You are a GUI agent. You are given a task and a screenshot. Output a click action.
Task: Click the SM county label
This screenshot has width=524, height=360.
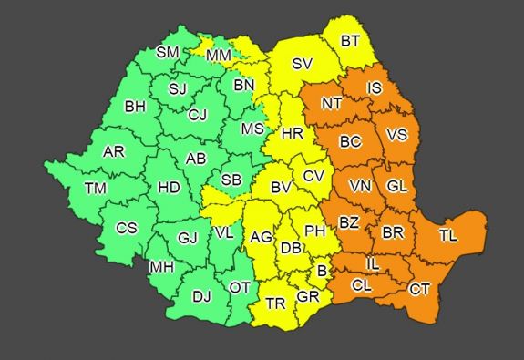168,52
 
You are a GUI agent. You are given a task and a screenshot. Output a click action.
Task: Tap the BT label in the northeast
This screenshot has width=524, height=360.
351,40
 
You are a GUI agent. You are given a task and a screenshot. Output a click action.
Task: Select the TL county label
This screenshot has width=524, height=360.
448,235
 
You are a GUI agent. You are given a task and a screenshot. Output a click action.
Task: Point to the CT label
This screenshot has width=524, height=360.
419,289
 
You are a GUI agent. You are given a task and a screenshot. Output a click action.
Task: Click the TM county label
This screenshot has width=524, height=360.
96,189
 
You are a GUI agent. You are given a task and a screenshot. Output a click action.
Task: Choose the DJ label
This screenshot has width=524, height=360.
202,295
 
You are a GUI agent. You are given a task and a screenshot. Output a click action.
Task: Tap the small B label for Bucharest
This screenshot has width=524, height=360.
321,271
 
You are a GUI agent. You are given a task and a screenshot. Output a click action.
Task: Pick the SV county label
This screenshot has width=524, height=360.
303,64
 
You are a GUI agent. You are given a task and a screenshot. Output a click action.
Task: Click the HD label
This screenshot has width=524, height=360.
169,187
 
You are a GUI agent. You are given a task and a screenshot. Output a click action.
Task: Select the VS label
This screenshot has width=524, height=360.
396,134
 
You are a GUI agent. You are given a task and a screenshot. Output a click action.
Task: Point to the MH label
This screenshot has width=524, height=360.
161,267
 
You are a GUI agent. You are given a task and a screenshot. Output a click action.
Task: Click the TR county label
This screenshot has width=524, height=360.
276,303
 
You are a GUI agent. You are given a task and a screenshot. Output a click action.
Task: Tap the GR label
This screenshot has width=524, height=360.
308,297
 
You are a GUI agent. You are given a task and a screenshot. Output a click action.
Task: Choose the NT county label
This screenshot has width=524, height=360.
332,103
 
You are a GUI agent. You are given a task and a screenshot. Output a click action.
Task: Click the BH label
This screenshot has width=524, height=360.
136,107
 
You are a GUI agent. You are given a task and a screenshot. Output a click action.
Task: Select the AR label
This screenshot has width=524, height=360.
114,151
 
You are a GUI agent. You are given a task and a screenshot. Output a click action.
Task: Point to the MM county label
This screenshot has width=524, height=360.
219,56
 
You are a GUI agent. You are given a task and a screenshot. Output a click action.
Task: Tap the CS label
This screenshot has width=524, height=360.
127,228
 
